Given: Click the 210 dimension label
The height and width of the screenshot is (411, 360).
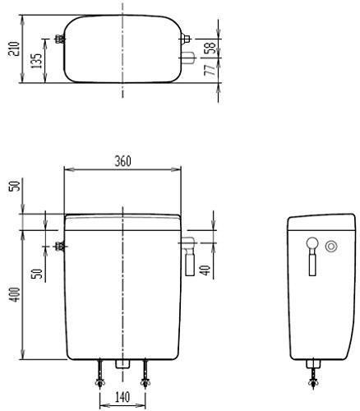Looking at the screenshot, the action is point(14,48).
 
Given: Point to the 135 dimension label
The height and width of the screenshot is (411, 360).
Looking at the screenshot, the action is point(36,61).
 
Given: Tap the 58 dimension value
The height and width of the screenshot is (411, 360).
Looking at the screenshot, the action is point(211,48).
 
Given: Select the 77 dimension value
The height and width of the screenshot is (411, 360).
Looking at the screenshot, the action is point(210,70).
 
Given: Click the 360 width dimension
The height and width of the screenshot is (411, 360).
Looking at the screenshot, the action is point(122,161).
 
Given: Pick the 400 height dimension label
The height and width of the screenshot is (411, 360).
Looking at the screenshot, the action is point(15,294).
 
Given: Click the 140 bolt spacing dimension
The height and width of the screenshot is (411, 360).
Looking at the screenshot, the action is point(122,397).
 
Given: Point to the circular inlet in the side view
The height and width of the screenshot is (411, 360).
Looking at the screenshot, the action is point(331,247).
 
